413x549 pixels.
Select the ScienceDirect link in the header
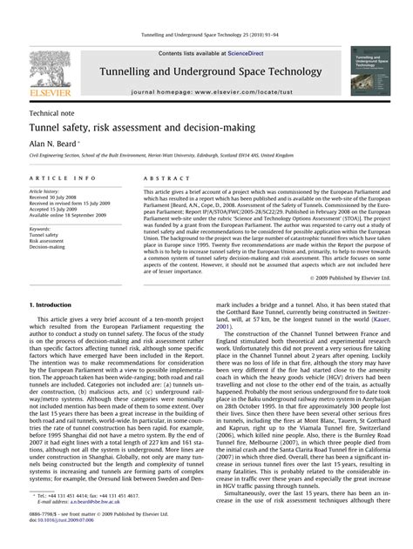(x=234, y=53)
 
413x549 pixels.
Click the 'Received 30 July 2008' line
(x=56, y=197)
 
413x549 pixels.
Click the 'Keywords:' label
(x=42, y=229)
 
